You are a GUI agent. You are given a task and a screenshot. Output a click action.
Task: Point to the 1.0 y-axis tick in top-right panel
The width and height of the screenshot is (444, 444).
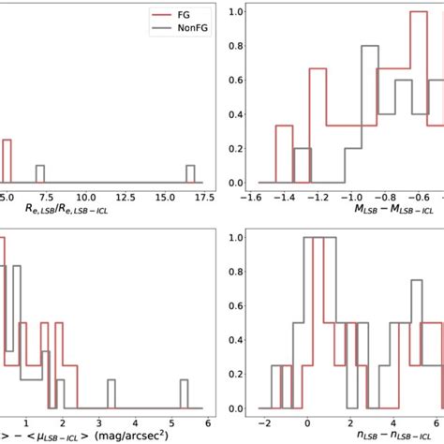(x=235, y=12)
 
